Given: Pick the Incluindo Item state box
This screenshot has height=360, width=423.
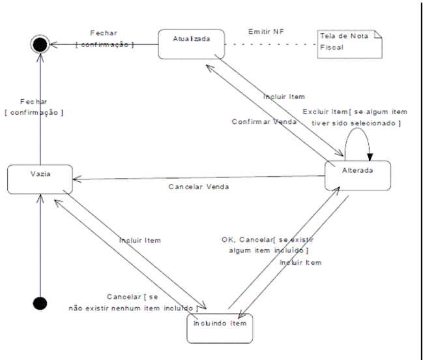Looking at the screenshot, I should (x=218, y=324).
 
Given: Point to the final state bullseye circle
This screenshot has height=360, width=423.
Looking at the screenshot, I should (x=40, y=44).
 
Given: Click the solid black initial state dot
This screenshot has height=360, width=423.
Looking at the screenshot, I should (x=40, y=303).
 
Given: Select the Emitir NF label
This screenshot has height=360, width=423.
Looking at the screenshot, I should (x=265, y=31).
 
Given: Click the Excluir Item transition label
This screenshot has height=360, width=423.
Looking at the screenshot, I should (x=352, y=117).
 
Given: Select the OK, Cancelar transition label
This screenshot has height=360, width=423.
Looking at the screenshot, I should (x=265, y=245).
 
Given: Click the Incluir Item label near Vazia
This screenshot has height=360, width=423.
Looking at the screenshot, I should (x=139, y=240).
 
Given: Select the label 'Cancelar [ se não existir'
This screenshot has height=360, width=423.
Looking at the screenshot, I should (x=133, y=302).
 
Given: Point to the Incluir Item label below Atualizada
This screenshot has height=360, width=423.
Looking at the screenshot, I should (x=285, y=96).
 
